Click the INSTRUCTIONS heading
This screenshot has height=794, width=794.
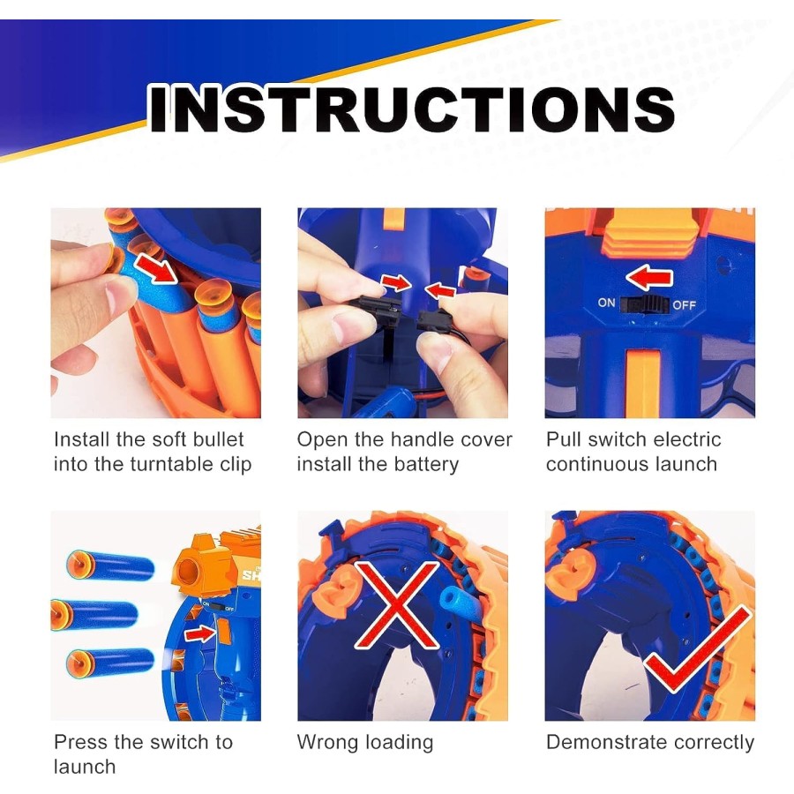pyautogui.click(x=411, y=109)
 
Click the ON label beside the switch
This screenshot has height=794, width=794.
pyautogui.click(x=606, y=303)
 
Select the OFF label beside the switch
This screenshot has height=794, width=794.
pyautogui.click(x=685, y=305)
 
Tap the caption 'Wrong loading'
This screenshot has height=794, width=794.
pyautogui.click(x=364, y=742)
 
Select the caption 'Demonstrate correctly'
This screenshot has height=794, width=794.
pyautogui.click(x=649, y=742)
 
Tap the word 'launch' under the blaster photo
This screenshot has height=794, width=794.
pyautogui.click(x=85, y=767)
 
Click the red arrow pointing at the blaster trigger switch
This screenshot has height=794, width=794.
pyautogui.click(x=200, y=633)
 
